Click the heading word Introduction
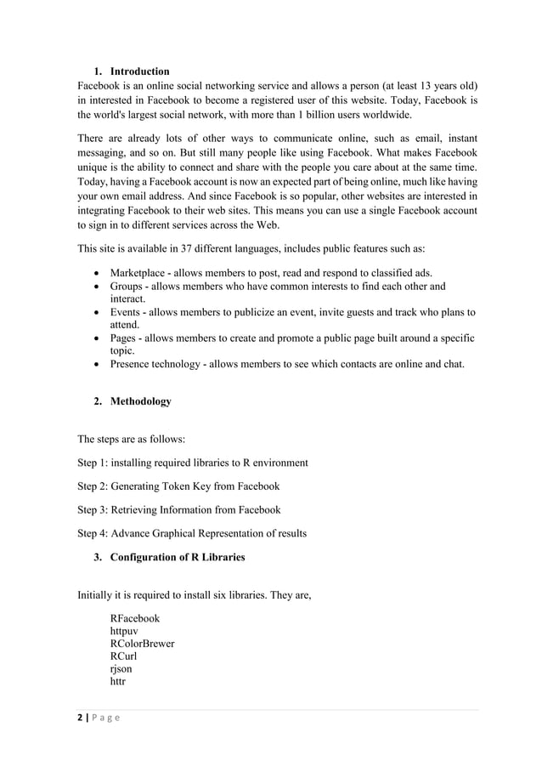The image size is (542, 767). tap(139, 71)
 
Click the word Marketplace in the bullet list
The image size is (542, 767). tap(138, 273)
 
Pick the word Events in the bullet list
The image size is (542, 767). tap(127, 313)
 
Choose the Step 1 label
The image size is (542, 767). tap(94, 463)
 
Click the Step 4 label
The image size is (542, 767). tap(94, 534)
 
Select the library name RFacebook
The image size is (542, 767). tap(134, 618)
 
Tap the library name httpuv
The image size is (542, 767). tap(127, 631)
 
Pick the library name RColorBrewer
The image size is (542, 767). tap(142, 644)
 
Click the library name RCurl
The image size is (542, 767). tap(123, 656)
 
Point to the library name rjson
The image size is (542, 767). tap(121, 669)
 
